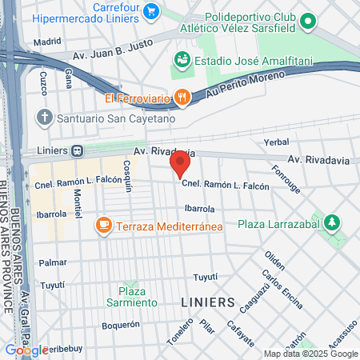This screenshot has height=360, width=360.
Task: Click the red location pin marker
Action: pyautogui.click(x=180, y=165)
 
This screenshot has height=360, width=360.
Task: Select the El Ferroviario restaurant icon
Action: pyautogui.click(x=183, y=98)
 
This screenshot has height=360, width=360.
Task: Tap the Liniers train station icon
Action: pyautogui.click(x=77, y=150)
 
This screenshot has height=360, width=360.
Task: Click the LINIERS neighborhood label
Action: pyautogui.click(x=207, y=302)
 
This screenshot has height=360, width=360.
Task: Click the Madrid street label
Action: pyautogui.click(x=47, y=41)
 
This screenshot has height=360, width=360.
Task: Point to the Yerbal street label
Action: pyautogui.click(x=276, y=142)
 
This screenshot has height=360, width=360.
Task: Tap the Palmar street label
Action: pyautogui.click(x=53, y=262)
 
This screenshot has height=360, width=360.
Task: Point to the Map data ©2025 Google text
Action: pyautogui.click(x=311, y=354)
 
